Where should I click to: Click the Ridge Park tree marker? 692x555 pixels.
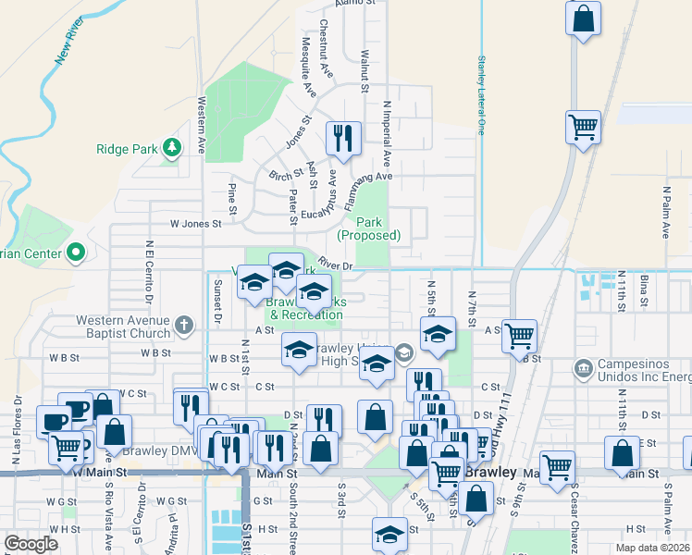171,147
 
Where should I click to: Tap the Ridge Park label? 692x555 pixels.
127,149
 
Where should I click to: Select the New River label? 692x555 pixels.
70,44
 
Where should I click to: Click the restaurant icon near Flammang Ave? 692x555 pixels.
343,139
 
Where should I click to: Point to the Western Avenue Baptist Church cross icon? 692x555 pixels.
184,325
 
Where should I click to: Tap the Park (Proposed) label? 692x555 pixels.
368,228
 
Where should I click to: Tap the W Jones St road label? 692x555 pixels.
196,223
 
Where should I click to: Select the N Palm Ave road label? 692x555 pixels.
665,213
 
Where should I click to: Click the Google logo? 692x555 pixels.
31,544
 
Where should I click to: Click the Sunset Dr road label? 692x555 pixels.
218,302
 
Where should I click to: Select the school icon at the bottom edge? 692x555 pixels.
389,535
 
